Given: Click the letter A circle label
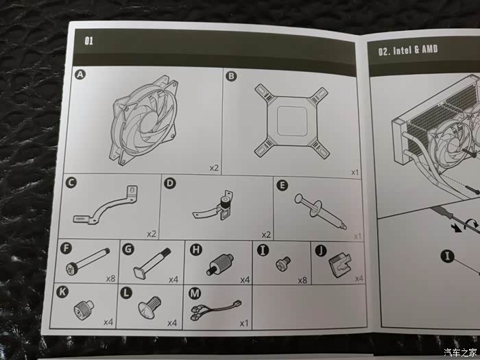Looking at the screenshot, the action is (80, 74).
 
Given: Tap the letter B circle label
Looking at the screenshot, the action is (231, 75).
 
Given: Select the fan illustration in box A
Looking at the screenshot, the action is (144, 120).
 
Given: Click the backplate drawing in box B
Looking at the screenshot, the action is (291, 122).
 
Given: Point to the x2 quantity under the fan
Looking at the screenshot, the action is (214, 168).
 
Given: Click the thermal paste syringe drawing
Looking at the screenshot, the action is (320, 211).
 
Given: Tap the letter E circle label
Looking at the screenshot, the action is (282, 185).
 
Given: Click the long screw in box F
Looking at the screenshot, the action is (88, 261).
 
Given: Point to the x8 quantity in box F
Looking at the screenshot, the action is (110, 278).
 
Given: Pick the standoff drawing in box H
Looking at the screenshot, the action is (220, 264).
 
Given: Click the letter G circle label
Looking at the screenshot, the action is (128, 249).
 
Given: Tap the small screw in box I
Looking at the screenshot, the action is (283, 263).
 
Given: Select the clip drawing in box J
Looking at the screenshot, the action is (340, 265).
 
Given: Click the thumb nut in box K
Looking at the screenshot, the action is (84, 309).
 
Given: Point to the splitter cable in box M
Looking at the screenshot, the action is (216, 310).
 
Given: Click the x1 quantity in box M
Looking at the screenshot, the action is (244, 323).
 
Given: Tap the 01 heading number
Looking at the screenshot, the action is (88, 40).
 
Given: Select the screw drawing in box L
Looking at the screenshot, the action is (149, 307).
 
